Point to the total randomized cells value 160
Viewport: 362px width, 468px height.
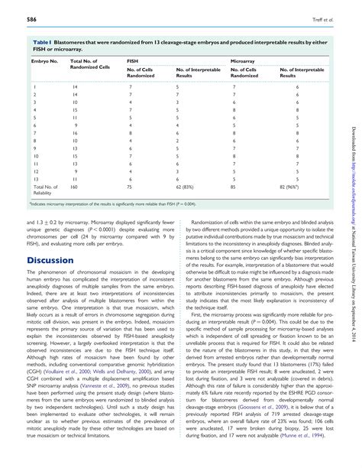tap(75, 187)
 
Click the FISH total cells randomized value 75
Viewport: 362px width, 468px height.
tap(129, 187)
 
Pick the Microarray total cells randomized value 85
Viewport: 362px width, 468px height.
tap(233, 187)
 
